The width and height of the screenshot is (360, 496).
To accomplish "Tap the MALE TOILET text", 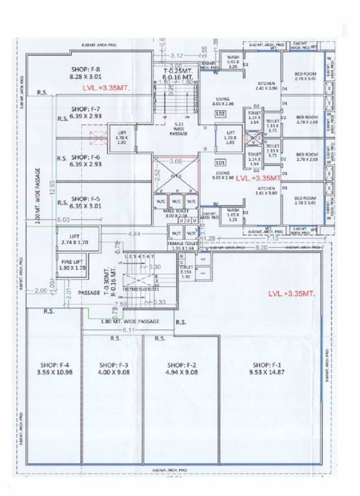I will pos(175,211).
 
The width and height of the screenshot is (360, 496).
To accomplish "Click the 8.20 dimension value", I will pos(261,247).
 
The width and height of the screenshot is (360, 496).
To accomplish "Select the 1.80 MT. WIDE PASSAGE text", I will pos(130,321).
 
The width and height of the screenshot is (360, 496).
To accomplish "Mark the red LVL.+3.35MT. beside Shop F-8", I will pos(106,86).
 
